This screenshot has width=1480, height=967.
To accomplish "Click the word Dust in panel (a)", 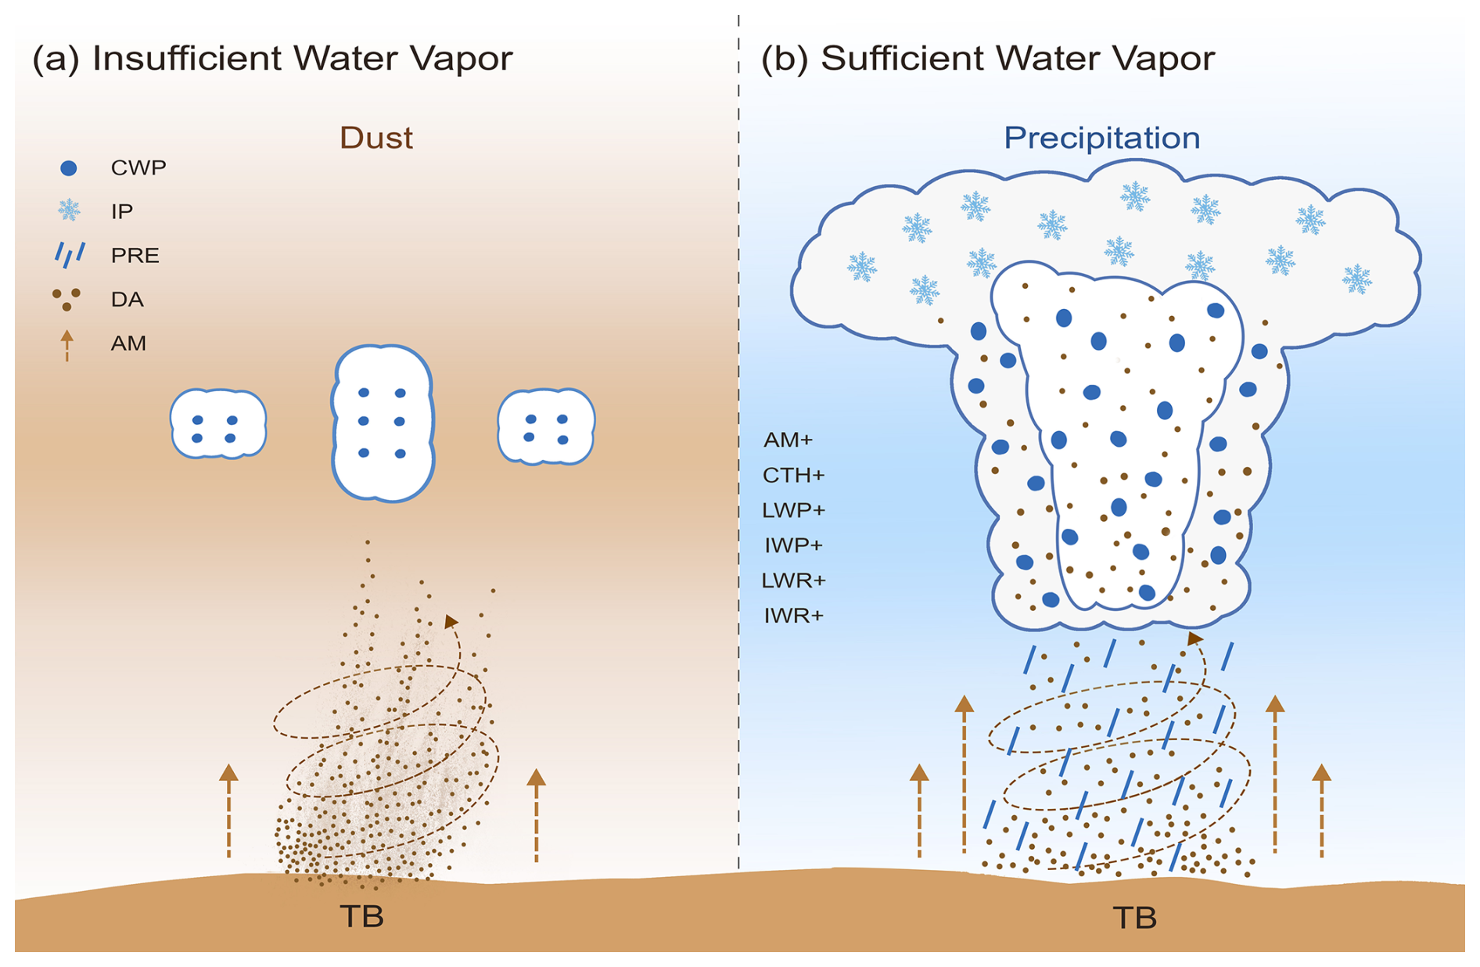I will point(375,138).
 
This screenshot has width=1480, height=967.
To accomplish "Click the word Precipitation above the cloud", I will point(1101,138).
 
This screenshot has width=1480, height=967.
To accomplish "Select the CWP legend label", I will point(138,167).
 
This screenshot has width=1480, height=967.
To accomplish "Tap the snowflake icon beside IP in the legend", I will point(69,210).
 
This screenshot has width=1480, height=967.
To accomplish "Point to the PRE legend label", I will point(135,255).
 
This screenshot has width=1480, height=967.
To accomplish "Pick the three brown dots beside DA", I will point(66,299).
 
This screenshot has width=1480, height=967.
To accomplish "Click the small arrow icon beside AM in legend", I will point(67,345).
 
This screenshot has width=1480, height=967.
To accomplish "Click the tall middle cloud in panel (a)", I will point(383,422).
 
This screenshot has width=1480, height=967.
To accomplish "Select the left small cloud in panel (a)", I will point(218,423).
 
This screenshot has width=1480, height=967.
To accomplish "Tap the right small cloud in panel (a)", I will point(546,426).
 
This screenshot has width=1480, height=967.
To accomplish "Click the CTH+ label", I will point(793,475).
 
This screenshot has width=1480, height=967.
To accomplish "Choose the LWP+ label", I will point(793,510).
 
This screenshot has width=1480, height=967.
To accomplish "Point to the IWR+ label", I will point(793,616).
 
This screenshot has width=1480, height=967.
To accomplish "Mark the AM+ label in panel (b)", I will point(788,440).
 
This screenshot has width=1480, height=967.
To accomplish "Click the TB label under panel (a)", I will point(361,916).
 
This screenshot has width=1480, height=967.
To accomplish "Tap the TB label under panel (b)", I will point(1134,917).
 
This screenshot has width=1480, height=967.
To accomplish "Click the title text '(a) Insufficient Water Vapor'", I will point(272,59).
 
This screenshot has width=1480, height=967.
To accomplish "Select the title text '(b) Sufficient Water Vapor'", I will point(988,59).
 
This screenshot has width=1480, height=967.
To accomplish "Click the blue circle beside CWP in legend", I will point(69,167).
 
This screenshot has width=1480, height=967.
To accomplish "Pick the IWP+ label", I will point(793,545).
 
